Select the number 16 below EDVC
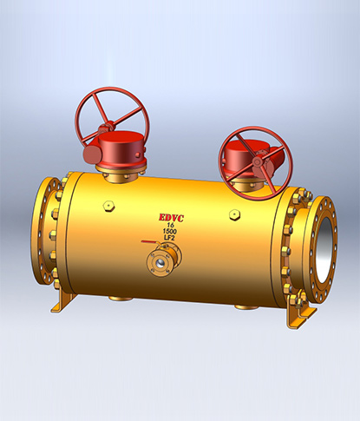pos(173,226)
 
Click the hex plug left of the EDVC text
pos(108,207)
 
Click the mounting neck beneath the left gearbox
pos(115,175)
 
